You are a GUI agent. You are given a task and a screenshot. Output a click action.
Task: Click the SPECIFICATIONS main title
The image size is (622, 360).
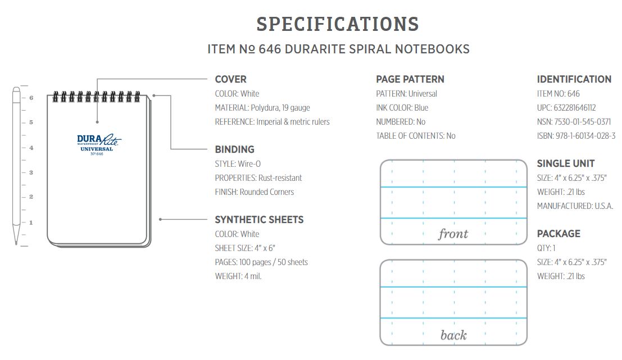point(338,24)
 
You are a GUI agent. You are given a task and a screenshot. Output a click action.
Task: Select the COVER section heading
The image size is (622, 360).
point(230,79)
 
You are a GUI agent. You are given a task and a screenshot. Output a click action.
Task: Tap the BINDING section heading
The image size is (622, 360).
point(234,149)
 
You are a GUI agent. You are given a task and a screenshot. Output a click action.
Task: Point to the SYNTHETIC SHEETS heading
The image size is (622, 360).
point(259,220)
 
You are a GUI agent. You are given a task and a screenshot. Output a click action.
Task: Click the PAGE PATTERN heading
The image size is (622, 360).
point(410,79)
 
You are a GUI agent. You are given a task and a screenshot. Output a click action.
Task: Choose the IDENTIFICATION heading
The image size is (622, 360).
point(574,79)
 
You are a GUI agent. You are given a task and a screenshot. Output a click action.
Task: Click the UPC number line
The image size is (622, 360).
point(566,108)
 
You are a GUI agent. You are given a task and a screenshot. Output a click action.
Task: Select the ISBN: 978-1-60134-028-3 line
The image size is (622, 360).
point(576,136)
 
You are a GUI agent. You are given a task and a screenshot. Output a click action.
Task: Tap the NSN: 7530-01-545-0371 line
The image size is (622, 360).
point(574,122)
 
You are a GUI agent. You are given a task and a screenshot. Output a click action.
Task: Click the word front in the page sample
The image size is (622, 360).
point(453,234)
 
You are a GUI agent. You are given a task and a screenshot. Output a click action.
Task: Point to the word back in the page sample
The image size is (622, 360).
point(453,335)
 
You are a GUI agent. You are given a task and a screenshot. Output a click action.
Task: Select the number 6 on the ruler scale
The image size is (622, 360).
point(31,98)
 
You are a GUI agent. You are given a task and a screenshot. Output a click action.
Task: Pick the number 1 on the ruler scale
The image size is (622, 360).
point(31,222)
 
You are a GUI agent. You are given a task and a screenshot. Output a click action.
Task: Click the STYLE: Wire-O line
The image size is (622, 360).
point(238,164)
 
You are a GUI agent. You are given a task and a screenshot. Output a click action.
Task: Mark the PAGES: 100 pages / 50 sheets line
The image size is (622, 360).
point(261,262)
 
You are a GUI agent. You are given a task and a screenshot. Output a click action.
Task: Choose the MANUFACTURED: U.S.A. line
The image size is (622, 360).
point(575,206)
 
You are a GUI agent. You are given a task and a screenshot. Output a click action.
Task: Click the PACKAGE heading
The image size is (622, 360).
point(559,234)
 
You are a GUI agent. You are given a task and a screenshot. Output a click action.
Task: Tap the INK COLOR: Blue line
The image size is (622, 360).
point(402,108)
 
